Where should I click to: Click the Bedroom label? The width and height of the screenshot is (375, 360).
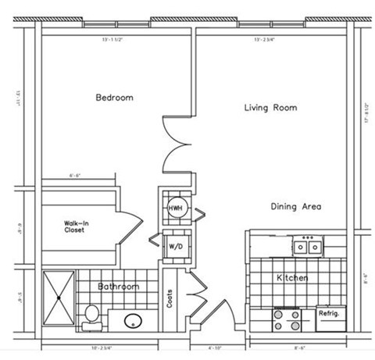pyautogui.click(x=114, y=98)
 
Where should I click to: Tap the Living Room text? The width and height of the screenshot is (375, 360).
pyautogui.click(x=270, y=108)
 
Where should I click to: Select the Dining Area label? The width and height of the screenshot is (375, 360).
pyautogui.click(x=296, y=207)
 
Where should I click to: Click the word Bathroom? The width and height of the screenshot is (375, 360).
pyautogui.click(x=118, y=287)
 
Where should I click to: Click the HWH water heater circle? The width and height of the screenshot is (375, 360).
pyautogui.click(x=174, y=209)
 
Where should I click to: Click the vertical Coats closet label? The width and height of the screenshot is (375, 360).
pyautogui.click(x=170, y=301)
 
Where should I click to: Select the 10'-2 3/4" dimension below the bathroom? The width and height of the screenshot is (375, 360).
pyautogui.click(x=102, y=347)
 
